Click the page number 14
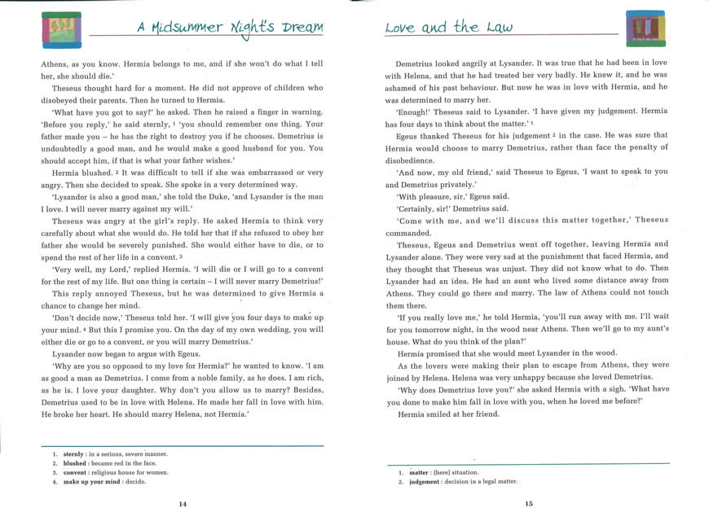pos(183,504)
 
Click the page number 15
pos(529,503)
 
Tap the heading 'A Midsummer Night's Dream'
pos(230,28)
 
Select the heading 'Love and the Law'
pos(448,28)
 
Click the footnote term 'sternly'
pos(73,453)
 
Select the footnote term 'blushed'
pos(74,462)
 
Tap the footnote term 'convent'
pos(75,472)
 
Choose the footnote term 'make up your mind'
pos(93,482)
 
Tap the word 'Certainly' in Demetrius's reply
pos(418,208)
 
